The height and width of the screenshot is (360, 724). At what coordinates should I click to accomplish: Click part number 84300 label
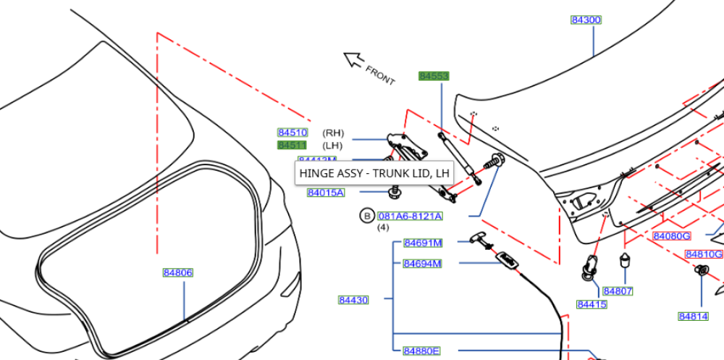[x=586, y=20]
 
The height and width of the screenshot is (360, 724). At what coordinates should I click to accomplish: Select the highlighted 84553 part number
[x=434, y=76]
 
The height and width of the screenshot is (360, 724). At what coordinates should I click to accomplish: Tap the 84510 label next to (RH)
[x=292, y=133]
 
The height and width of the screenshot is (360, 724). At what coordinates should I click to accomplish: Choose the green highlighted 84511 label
[x=292, y=145]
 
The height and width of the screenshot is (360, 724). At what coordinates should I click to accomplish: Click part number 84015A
[x=326, y=193]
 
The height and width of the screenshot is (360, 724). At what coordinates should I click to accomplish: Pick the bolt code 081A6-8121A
[x=410, y=216]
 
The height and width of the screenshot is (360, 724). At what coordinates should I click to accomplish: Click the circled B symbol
[x=366, y=216]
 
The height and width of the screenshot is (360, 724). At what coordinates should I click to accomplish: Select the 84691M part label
[x=423, y=243]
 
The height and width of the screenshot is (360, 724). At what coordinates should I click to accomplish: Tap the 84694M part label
[x=423, y=264]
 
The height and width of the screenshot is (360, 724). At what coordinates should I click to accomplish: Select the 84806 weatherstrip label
[x=177, y=273]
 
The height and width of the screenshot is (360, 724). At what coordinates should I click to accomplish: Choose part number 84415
[x=592, y=305]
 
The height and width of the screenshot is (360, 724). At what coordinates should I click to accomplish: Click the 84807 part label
[x=618, y=291]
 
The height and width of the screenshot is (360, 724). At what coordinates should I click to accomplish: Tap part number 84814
[x=693, y=317]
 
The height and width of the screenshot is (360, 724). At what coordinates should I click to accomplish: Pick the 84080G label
[x=672, y=236]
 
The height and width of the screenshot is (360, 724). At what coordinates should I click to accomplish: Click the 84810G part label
[x=704, y=254]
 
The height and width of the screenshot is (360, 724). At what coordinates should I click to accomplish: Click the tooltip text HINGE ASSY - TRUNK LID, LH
[x=374, y=174]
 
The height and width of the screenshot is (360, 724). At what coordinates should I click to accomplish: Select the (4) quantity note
[x=383, y=227]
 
